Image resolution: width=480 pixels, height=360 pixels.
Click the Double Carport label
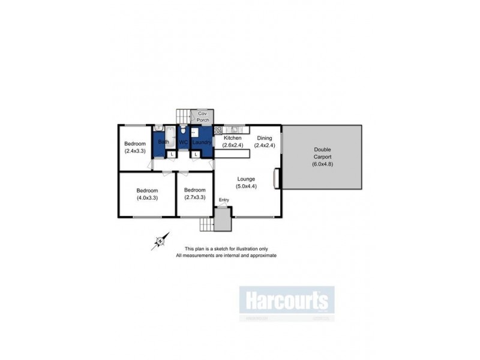(323, 154)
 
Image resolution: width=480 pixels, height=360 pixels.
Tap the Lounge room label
(246, 182)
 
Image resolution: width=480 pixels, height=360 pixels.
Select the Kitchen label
(232, 142)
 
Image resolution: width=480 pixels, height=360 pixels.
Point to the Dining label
(264, 142)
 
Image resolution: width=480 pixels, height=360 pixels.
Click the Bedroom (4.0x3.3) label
(147, 194)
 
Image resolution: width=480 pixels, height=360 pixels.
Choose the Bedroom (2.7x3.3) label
(195, 194)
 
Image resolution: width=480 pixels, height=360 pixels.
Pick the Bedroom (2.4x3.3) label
(135, 147)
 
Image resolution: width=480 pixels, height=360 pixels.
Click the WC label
(184, 142)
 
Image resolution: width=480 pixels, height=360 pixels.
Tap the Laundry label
(202, 142)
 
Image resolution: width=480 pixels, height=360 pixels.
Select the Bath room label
(163, 142)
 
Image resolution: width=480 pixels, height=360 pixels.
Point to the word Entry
(224, 200)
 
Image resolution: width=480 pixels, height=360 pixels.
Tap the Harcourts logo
(287, 299)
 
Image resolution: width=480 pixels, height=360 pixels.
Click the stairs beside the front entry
(206, 224)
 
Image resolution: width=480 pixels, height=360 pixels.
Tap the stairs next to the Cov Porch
(183, 116)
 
